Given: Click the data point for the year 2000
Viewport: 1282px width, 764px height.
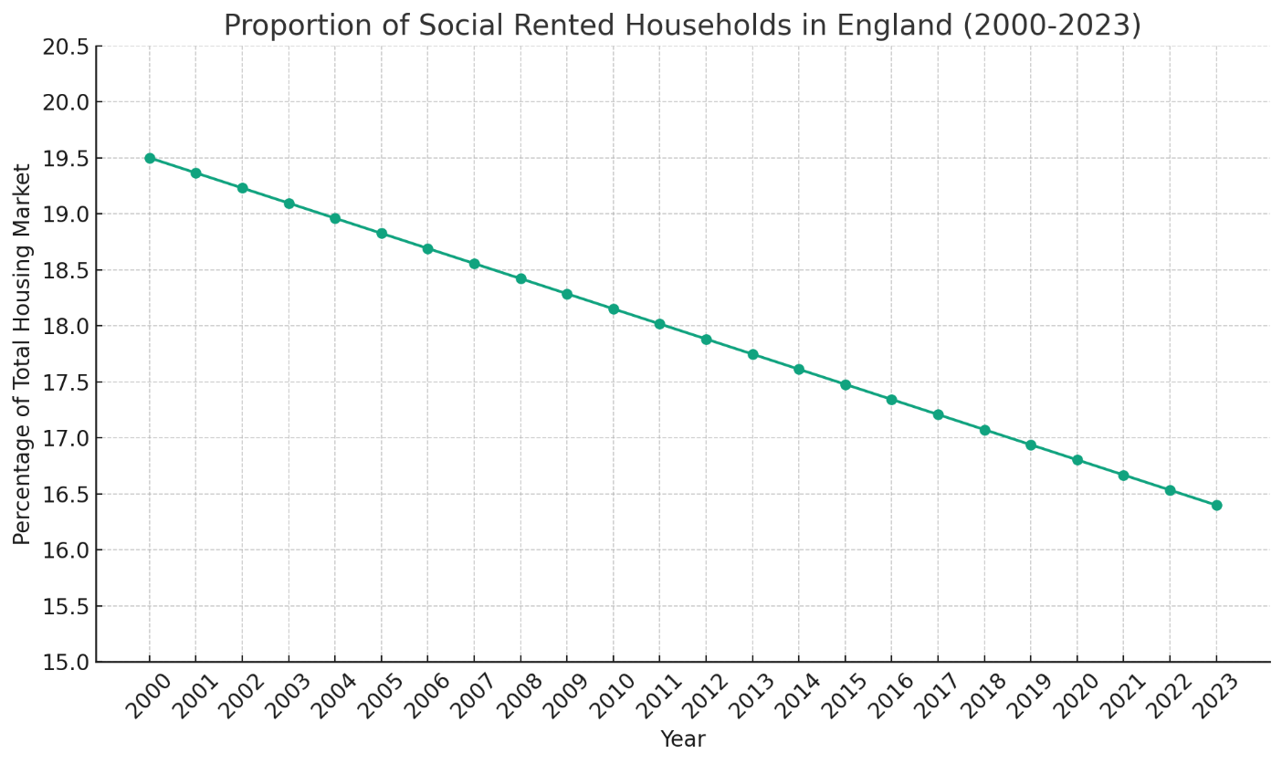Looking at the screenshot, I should [x=150, y=158].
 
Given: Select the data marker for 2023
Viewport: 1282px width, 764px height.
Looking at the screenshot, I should [x=1216, y=505].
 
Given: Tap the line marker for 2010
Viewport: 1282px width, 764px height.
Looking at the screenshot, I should [x=614, y=309].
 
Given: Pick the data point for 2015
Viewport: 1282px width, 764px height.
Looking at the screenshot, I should [x=846, y=384].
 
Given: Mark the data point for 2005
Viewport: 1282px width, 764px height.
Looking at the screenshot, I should [x=382, y=234].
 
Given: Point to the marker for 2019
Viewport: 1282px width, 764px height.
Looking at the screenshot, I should [x=1031, y=445].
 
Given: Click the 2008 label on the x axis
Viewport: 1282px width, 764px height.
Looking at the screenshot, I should [x=516, y=696].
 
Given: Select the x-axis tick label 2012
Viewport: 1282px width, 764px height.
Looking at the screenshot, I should [x=701, y=696].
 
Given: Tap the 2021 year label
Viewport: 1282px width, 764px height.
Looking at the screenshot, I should [x=1119, y=696].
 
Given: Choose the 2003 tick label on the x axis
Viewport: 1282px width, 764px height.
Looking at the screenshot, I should [x=284, y=696].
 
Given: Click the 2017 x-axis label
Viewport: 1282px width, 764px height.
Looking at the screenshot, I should [x=933, y=696].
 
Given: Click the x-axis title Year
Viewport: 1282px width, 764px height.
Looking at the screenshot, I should [x=683, y=739].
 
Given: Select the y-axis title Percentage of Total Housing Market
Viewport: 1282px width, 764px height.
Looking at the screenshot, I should [x=23, y=354].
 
